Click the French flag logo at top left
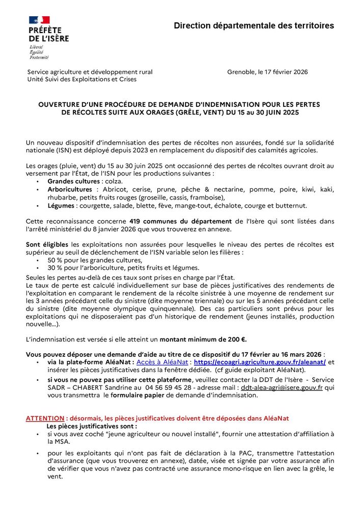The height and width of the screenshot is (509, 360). coord(39,20)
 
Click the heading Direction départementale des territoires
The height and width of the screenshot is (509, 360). coord(254,25)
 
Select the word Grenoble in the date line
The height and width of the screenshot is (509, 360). coord(240,72)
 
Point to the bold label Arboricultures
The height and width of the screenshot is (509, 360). coord(70,189)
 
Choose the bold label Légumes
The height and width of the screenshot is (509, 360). coord(62,206)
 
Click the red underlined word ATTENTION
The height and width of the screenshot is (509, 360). coord(44,418)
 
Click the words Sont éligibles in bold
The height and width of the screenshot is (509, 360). coord(47,245)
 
